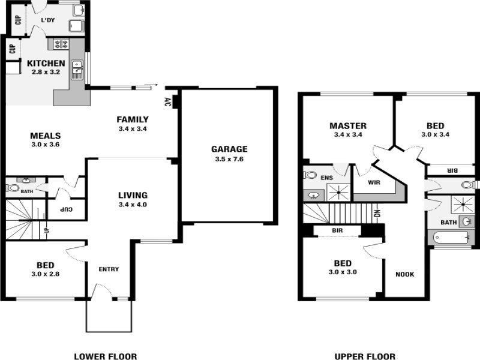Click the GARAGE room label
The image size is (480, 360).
[x=229, y=149]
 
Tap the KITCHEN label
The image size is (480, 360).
[x=46, y=63]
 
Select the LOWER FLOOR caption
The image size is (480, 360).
[x=105, y=356]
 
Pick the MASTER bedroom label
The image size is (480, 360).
[x=348, y=126]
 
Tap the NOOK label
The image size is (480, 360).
[x=405, y=274]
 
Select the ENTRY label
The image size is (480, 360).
[x=109, y=269]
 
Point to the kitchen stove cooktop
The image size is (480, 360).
[x=62, y=44]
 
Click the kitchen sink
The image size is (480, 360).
[x=77, y=70]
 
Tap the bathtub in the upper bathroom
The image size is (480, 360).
[x=451, y=238]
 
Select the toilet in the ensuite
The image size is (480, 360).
[x=310, y=175]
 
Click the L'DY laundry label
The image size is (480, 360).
[x=48, y=21]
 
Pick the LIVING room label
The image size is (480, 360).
[x=133, y=195]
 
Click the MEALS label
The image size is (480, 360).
[x=46, y=136]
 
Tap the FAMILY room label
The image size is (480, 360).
[x=133, y=119]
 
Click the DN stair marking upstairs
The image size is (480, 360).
[x=377, y=214]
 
